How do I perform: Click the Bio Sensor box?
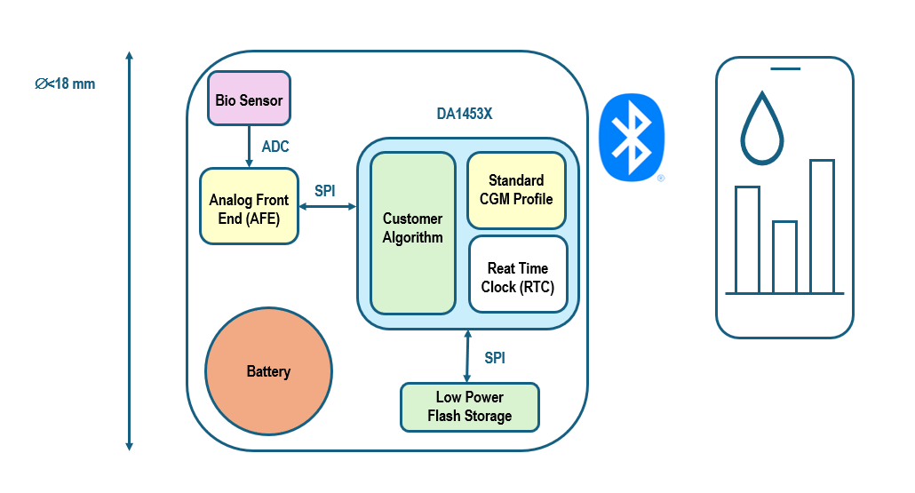coord(249,99)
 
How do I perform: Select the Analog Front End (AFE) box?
coord(249,206)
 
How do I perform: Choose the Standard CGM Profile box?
coord(516,189)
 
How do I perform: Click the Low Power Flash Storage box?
coord(469,407)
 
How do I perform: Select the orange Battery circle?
coord(268,371)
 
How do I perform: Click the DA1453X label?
coord(465,114)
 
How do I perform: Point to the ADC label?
coord(275,147)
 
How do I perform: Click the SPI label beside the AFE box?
coord(325,190)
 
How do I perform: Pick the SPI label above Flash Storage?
coord(495,358)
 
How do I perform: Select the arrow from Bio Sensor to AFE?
coord(249,146)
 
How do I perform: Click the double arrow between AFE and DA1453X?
coord(328,207)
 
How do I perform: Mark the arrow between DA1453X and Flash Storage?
coord(468,355)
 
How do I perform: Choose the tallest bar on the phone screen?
coord(822,227)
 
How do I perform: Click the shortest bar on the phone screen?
coord(784,257)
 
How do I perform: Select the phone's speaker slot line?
coord(785,68)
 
